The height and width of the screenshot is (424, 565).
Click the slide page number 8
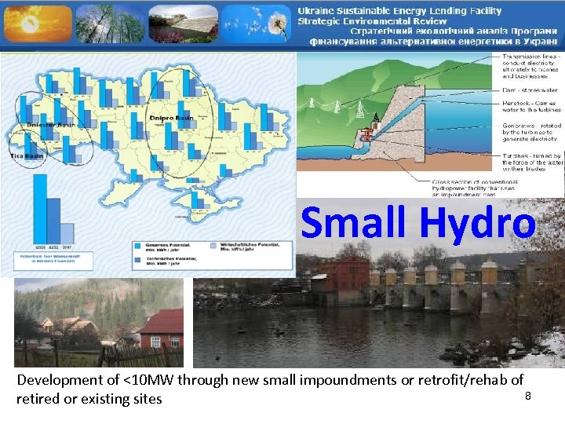[528, 395]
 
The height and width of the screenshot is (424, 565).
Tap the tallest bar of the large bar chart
[40, 208]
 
